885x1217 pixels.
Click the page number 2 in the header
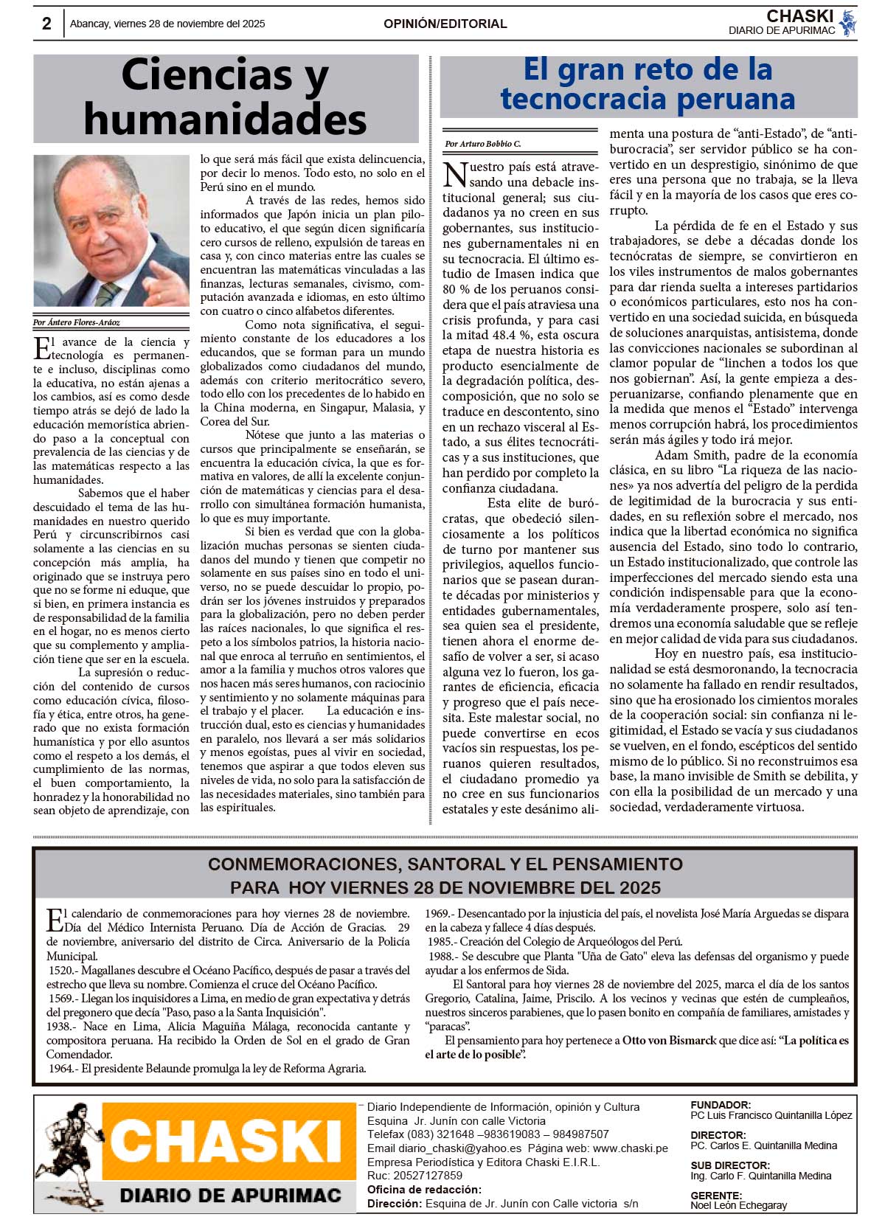coord(46,24)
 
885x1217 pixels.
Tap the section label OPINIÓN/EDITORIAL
coord(445,24)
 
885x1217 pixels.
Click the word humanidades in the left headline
coord(225,118)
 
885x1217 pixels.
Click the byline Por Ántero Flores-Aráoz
coord(76,322)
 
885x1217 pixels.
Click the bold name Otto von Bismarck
coord(669,1041)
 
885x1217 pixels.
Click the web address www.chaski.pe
coord(630,1148)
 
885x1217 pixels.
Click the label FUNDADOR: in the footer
coord(721,1105)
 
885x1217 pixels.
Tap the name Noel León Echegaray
coord(738,1205)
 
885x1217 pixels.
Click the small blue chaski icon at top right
coord(847,22)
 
